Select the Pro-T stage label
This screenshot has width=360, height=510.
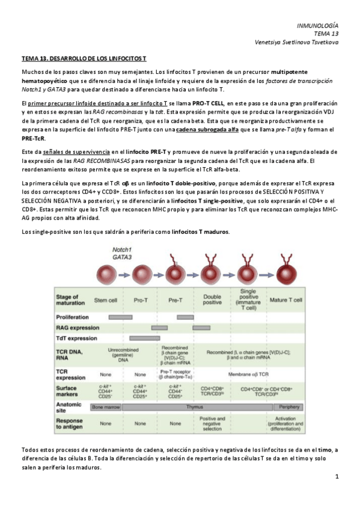coord(141,300)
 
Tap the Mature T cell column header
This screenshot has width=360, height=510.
coord(286,300)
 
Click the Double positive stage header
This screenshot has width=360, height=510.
coord(212,300)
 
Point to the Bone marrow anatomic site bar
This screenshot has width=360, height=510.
coord(106,407)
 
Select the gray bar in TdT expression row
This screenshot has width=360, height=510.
coord(146,339)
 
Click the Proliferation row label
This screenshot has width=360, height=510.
coord(72,317)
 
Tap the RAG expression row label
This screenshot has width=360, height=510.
coord(78,328)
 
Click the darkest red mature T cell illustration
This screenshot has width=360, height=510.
coord(286,276)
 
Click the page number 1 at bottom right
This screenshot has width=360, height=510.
coord(337,477)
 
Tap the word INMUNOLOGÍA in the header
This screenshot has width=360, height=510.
coord(318,26)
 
